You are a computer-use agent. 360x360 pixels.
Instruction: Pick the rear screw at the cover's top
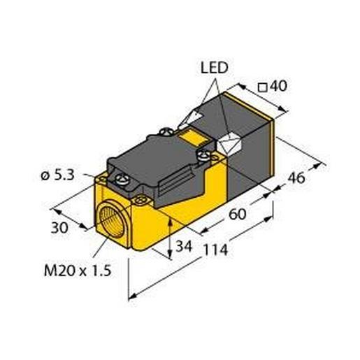[x=167, y=131]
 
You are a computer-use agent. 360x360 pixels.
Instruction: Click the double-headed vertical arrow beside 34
[x=172, y=238]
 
